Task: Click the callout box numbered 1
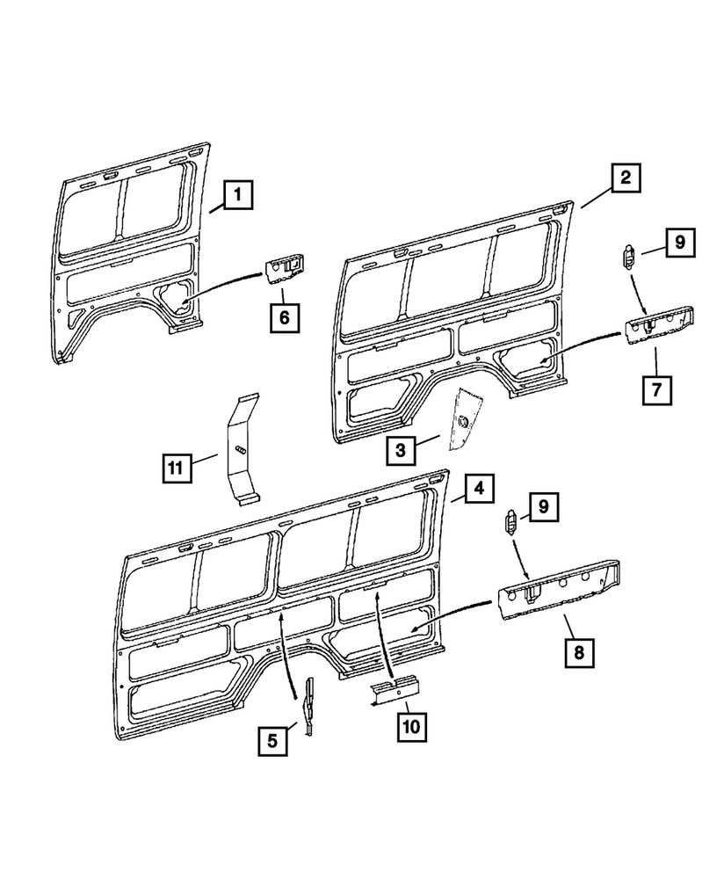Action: tap(237, 193)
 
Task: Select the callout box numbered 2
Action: tap(625, 178)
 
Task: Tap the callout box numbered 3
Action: tap(401, 452)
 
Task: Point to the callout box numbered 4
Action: tap(480, 487)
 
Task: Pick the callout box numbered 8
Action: tap(579, 652)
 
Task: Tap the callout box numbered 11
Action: tap(177, 469)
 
